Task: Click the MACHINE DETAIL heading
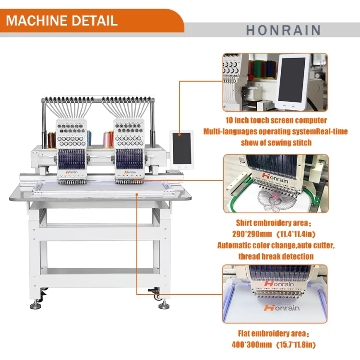pyautogui.click(x=61, y=21)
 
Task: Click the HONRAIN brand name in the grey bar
pyautogui.click(x=283, y=30)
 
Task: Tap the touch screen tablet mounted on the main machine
pyautogui.click(x=181, y=150)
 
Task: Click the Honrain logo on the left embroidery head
pyautogui.click(x=72, y=172)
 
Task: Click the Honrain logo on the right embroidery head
pyautogui.click(x=130, y=172)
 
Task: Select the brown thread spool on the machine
pyautogui.click(x=51, y=140)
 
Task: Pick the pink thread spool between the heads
pyautogui.click(x=106, y=140)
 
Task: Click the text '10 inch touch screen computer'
pyautogui.click(x=276, y=120)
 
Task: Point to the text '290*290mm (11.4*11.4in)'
pyautogui.click(x=274, y=234)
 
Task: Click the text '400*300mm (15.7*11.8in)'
pyautogui.click(x=274, y=344)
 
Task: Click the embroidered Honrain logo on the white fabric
pyautogui.click(x=281, y=307)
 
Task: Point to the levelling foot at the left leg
pyautogui.click(x=36, y=305)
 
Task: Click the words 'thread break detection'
pyautogui.click(x=276, y=256)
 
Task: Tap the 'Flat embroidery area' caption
pyautogui.click(x=273, y=334)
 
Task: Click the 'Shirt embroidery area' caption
pyautogui.click(x=273, y=223)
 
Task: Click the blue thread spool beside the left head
pyautogui.click(x=89, y=138)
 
